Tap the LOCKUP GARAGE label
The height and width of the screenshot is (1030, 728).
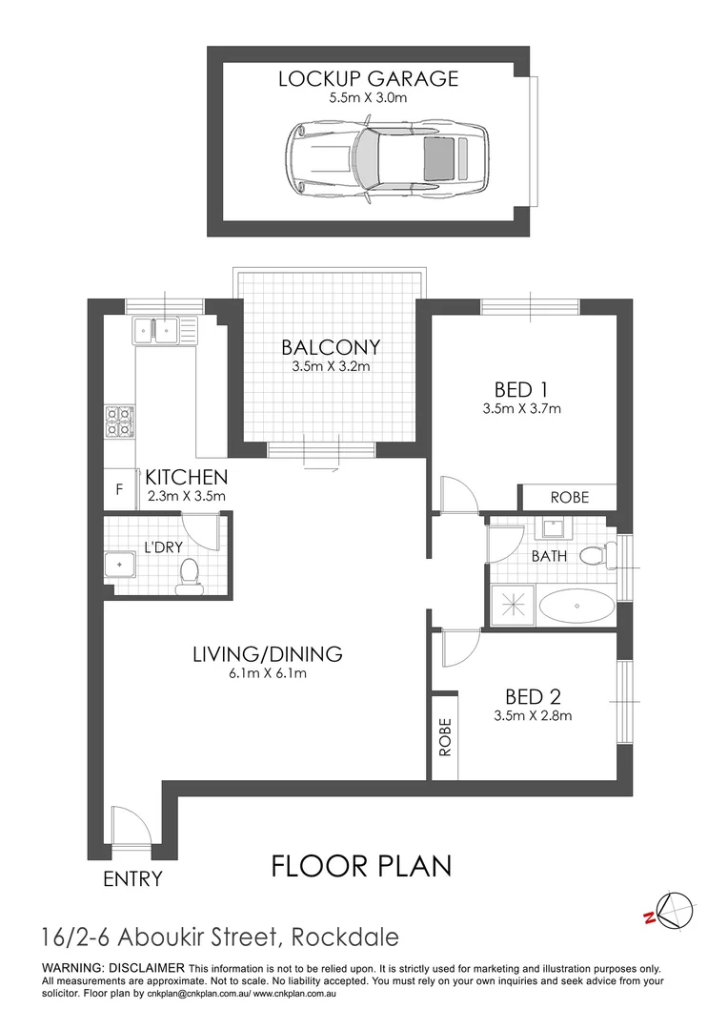(368, 78)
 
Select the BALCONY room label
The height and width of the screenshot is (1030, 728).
(331, 347)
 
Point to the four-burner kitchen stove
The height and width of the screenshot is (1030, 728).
(118, 421)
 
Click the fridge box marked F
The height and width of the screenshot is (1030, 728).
(118, 490)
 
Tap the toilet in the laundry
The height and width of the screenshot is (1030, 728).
(189, 574)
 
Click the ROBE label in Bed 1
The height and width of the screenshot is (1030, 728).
(569, 497)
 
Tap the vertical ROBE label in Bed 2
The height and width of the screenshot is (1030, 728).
(444, 736)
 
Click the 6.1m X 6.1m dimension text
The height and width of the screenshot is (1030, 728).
(268, 673)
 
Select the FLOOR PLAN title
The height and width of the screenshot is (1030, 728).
(361, 866)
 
